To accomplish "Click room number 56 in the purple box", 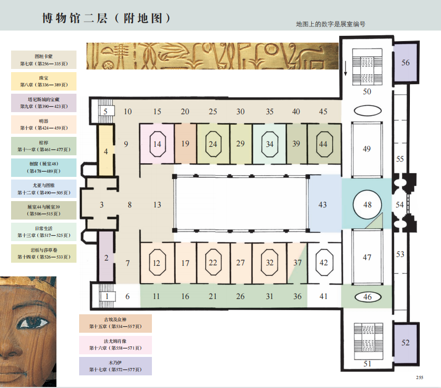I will coord(405,63).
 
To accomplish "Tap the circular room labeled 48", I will coord(367,204).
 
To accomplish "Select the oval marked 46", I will coord(367,297).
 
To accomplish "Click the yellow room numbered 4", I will coord(106,152).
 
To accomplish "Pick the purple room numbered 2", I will coord(106,257).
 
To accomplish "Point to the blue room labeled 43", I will coord(323,205).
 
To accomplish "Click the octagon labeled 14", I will coord(157,144).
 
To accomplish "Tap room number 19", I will coord(185,144).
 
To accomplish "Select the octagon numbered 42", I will coord(323,263).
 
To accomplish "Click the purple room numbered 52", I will coord(405,343).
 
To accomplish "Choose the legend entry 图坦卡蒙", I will coord(44,59).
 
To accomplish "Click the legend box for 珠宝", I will coord(44,81).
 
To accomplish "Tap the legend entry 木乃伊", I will coord(115,366).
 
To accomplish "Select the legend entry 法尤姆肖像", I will coord(115,345).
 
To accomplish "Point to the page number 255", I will coord(420,377).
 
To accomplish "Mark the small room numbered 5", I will coord(106,111).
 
